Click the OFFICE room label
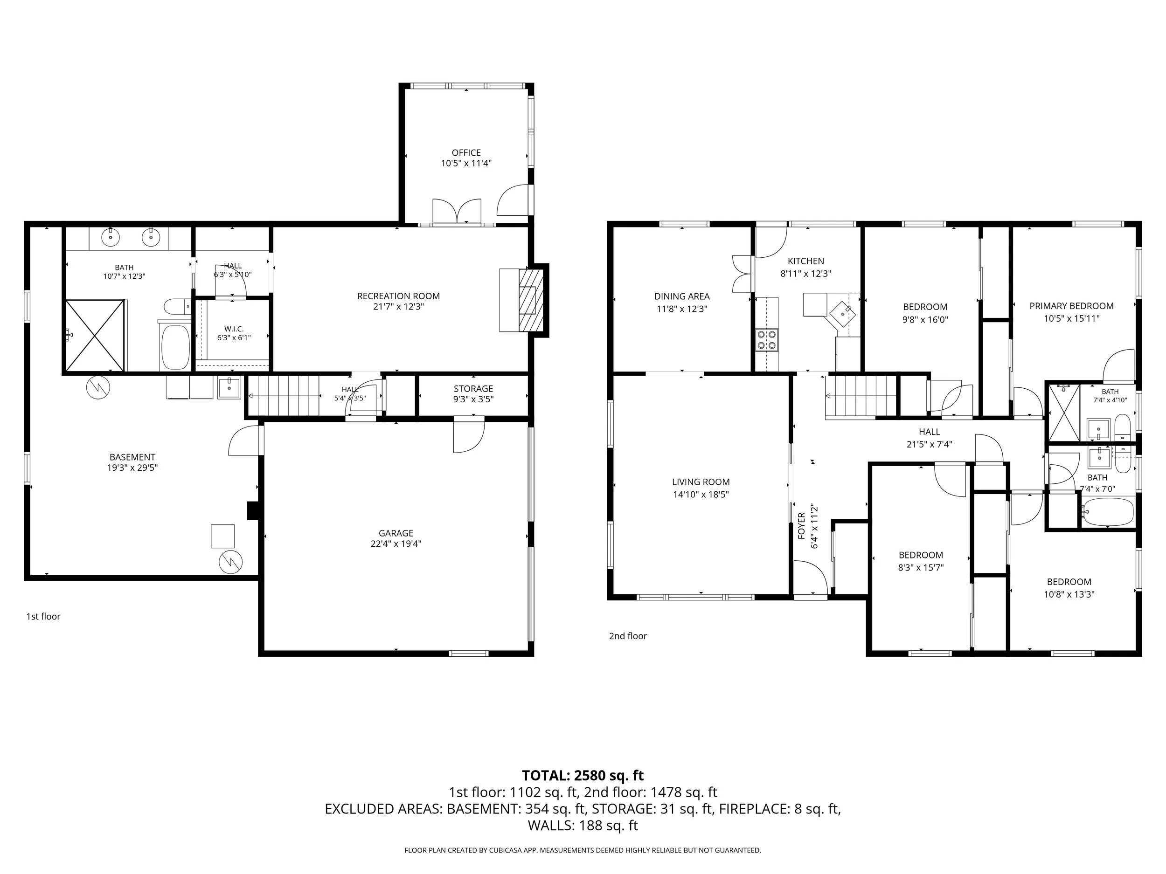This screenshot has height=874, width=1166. (x=466, y=153)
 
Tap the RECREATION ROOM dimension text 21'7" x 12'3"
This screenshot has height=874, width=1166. (x=398, y=307)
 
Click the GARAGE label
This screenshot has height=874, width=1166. (x=396, y=533)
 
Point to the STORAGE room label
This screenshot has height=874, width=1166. (x=473, y=389)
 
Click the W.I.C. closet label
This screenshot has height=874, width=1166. (x=234, y=329)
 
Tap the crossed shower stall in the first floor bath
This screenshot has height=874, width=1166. (x=95, y=335)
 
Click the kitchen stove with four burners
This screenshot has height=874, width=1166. (x=766, y=340)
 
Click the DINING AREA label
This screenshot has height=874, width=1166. (x=681, y=296)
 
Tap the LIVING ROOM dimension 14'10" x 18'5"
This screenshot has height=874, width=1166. (x=701, y=494)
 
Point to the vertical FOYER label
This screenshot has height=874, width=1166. (x=801, y=526)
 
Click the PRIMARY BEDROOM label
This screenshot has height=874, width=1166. (x=1072, y=306)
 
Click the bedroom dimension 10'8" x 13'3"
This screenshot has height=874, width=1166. (x=1069, y=594)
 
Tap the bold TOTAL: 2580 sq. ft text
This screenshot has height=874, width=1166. (x=583, y=776)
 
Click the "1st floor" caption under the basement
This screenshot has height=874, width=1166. (x=43, y=616)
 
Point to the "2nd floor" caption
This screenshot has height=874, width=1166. (x=628, y=636)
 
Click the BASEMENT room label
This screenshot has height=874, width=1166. (x=132, y=457)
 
